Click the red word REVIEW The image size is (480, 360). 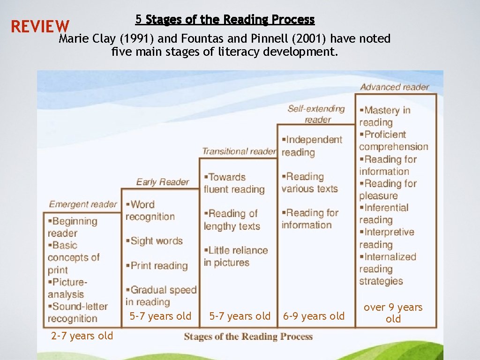[x=40, y=27]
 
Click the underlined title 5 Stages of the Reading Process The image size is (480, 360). [x=225, y=20]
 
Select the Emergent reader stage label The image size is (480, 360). [x=83, y=204]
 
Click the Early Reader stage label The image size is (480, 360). [x=163, y=182]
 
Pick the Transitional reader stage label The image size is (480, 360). [x=239, y=151]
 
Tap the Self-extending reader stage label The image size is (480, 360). [x=316, y=114]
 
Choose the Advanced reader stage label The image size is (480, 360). [x=395, y=87]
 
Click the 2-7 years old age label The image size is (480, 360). [x=82, y=336]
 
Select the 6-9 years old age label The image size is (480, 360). [x=314, y=316]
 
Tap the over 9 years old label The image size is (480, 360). [x=393, y=313]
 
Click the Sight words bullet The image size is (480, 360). [x=154, y=241]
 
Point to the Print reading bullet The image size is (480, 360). [x=157, y=265]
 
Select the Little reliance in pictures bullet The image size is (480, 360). [x=236, y=256]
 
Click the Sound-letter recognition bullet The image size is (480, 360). [x=77, y=313]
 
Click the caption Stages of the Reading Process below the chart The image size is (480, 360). [x=248, y=336]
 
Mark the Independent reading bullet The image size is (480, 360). [x=312, y=146]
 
